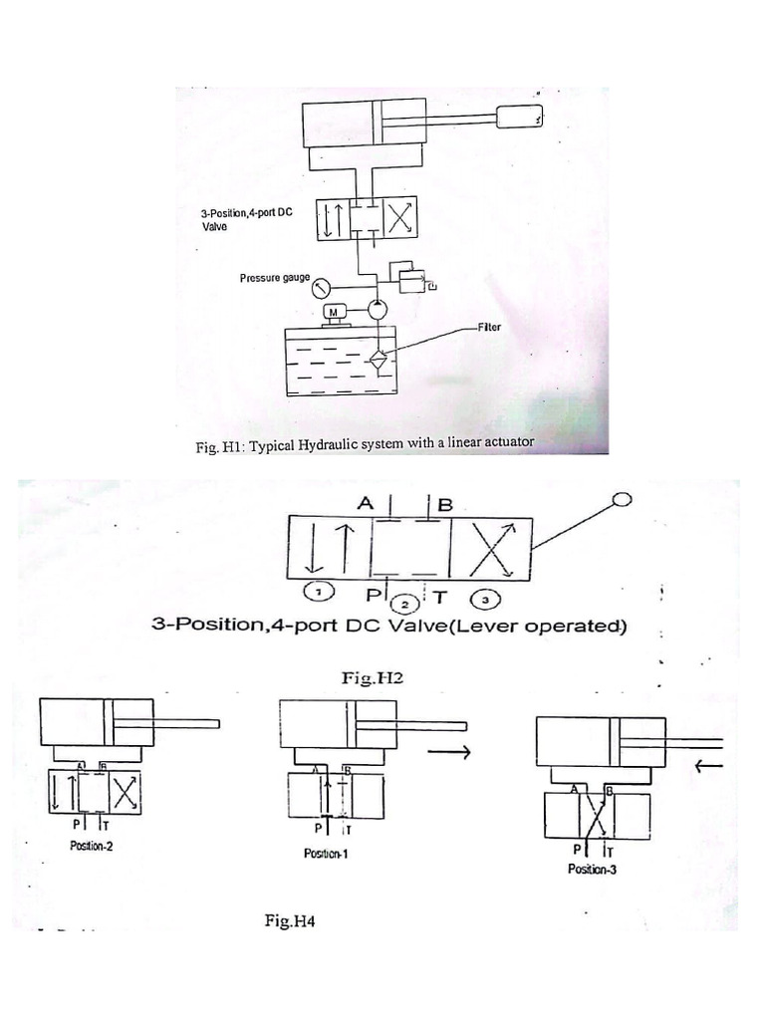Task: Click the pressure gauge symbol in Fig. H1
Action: (321, 289)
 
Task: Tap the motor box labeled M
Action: (335, 312)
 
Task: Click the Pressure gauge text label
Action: (275, 278)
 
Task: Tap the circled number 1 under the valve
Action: (316, 593)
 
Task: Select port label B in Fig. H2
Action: (444, 505)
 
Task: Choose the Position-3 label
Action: (595, 869)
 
